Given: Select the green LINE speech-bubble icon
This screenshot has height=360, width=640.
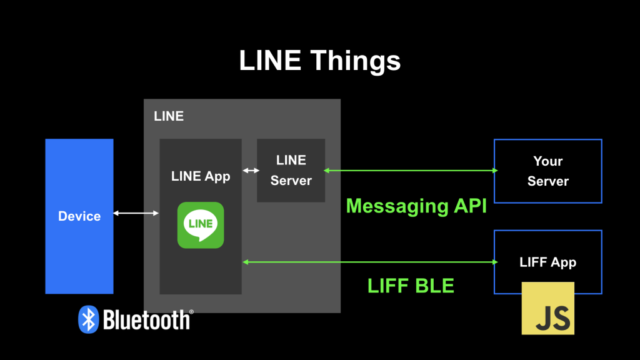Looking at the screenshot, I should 201,225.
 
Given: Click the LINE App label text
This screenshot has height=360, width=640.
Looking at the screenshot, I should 201,176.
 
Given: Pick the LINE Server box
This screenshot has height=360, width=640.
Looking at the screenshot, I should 291,170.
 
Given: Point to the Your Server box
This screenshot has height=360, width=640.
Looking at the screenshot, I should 547,171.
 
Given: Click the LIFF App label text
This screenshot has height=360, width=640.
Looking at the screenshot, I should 547,262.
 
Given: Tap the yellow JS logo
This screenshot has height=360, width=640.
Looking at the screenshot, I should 548,309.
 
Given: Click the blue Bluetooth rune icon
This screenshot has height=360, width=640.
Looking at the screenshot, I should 88,319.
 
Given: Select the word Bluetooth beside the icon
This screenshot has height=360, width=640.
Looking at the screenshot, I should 146,320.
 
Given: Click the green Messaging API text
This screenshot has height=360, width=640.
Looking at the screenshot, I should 416,206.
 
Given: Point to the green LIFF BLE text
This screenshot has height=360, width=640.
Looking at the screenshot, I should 411,286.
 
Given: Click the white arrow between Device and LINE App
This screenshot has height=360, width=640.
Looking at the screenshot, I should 136,214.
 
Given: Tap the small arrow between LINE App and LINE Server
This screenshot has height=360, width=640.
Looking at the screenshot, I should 251,170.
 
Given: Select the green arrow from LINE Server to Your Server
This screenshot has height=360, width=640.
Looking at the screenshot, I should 410,170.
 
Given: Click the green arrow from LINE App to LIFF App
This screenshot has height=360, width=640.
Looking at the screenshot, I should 369,262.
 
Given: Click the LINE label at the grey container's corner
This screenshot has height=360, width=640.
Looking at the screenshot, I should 169,116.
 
